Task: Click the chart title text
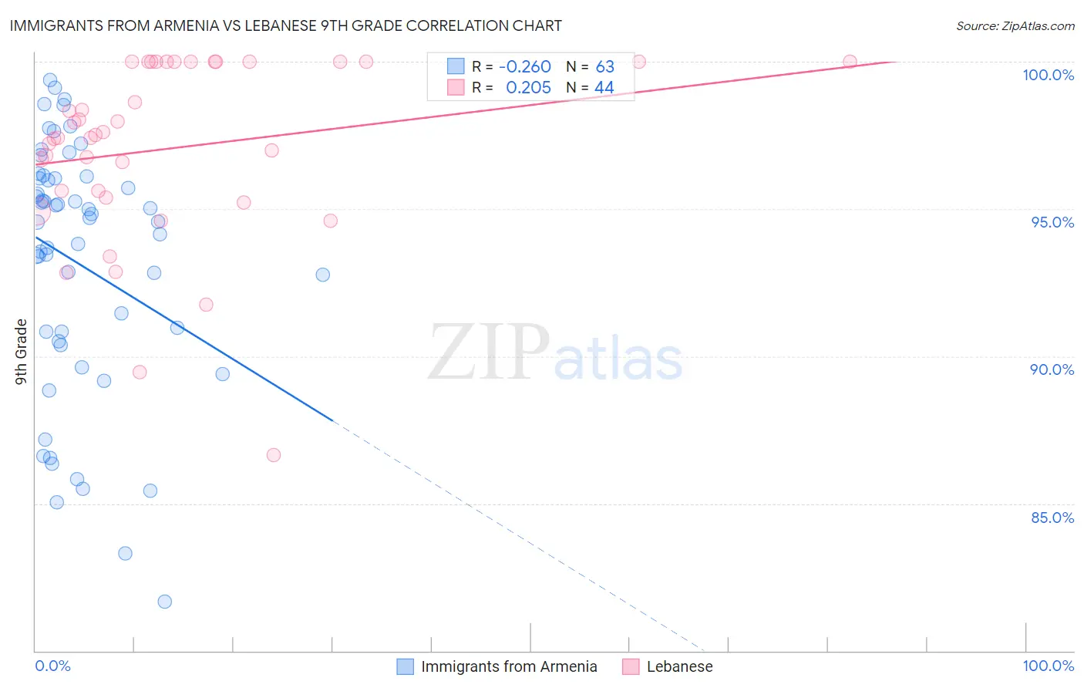(285, 25)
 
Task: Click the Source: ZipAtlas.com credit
(1015, 25)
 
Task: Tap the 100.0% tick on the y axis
(1048, 75)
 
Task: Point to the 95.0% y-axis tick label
(1052, 222)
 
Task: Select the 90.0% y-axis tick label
(1052, 369)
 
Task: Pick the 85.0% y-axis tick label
(1052, 518)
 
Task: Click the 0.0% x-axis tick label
(52, 666)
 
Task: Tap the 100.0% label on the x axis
(1048, 666)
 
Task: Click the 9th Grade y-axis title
(22, 351)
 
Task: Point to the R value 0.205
(528, 88)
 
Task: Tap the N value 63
(604, 67)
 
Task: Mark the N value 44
(604, 88)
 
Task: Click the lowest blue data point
(164, 602)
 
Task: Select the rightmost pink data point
(850, 62)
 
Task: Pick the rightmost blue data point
(323, 275)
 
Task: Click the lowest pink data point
(274, 455)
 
